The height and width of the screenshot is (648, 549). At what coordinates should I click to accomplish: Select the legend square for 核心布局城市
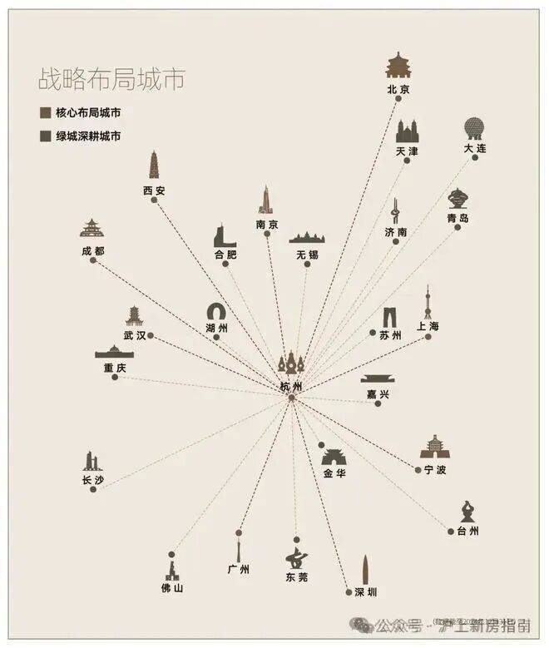click(x=45, y=113)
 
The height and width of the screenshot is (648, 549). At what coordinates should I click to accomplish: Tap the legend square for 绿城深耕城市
click(x=45, y=136)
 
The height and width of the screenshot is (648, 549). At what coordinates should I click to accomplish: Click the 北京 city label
click(x=399, y=88)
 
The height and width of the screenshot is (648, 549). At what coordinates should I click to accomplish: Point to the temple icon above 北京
click(x=399, y=67)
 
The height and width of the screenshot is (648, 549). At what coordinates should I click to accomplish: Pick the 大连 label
click(x=475, y=148)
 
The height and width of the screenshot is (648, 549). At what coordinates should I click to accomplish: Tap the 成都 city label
click(x=93, y=250)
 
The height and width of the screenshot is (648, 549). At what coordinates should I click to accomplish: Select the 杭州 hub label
click(x=291, y=387)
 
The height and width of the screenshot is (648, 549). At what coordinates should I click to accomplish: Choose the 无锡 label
click(x=307, y=255)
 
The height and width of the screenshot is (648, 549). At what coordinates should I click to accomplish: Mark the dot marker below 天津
click(x=407, y=161)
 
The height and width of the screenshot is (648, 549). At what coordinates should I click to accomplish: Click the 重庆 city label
click(x=115, y=368)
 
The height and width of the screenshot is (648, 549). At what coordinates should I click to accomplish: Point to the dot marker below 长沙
click(x=93, y=489)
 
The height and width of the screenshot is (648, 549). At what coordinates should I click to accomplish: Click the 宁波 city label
click(x=434, y=470)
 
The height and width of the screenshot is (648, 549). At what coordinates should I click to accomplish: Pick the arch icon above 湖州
click(x=217, y=312)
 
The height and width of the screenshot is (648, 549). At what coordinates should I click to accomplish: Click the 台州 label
click(x=467, y=531)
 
